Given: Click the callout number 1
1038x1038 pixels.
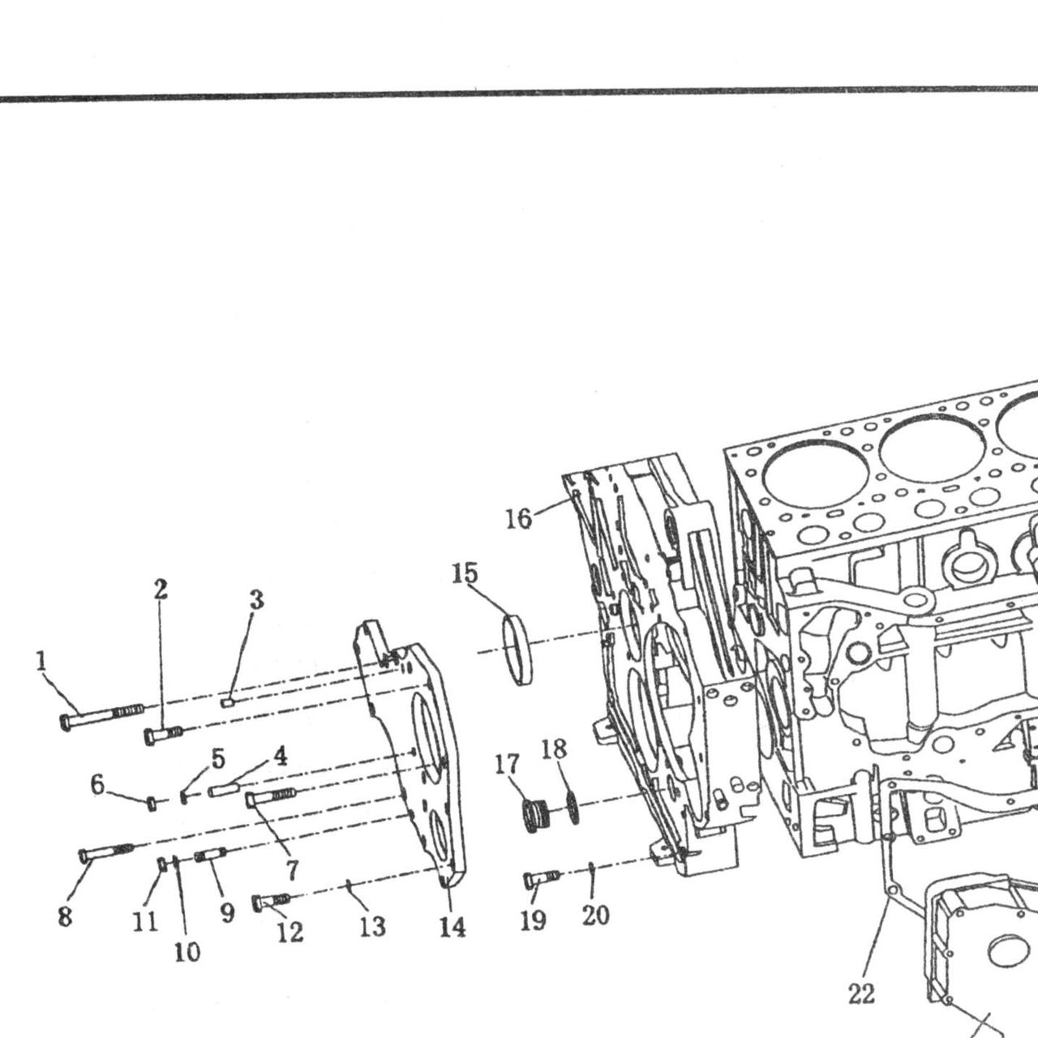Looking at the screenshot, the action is (41, 661).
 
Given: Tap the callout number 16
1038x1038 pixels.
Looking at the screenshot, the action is (519, 519).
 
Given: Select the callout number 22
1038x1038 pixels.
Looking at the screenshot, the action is (861, 994).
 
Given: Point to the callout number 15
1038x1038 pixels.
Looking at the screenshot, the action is (465, 573).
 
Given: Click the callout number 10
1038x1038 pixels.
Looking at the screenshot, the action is (187, 952).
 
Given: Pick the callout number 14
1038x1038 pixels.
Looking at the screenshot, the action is (452, 927).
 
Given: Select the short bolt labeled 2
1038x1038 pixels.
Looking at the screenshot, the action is (164, 735).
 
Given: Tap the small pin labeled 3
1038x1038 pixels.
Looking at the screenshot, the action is (227, 702).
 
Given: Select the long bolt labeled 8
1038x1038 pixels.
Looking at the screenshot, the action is (106, 852).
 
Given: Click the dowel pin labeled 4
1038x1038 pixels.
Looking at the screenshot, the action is (222, 791).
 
